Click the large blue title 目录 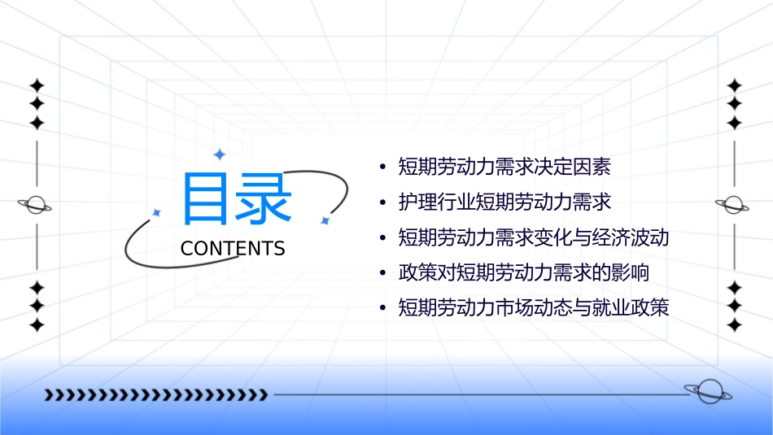pos(237,199)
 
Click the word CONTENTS pos(233,249)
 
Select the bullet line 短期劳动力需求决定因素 pos(504,167)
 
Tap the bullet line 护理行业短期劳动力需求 pos(504,201)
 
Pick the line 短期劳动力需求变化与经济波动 pos(533,238)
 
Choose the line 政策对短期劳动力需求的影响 pos(523,272)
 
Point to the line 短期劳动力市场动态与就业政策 pos(533,308)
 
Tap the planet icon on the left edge pos(36,205)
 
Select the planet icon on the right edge pos(734,205)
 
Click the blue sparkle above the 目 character pos(218,154)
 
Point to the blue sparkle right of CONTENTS pos(325,220)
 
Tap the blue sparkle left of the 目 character pos(156,212)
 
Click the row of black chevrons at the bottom pos(155,395)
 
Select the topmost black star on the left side pos(36,85)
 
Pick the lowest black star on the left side pos(36,325)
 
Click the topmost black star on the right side pos(734,85)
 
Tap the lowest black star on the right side pos(734,325)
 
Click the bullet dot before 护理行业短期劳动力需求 pos(382,202)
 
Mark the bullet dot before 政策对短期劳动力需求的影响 pos(382,272)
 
